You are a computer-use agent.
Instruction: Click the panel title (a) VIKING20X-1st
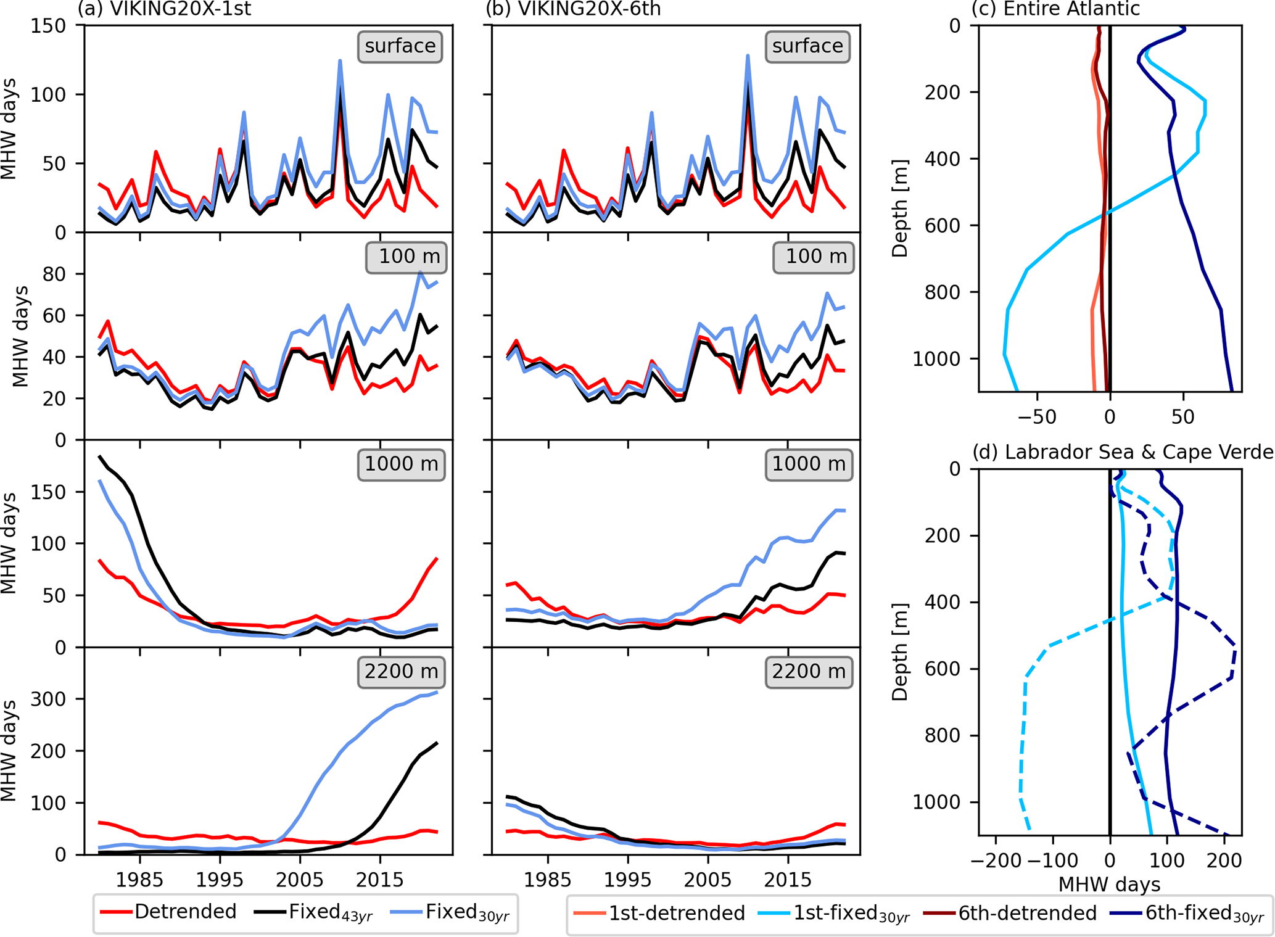click(163, 9)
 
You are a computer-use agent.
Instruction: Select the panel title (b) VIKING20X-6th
click(573, 9)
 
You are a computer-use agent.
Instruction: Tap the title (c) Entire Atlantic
click(1055, 9)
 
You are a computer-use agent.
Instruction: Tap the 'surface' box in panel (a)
click(400, 46)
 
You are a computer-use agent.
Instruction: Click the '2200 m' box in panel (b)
click(809, 671)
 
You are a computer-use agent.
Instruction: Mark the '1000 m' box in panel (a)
click(401, 464)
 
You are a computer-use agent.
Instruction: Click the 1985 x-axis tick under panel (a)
click(140, 879)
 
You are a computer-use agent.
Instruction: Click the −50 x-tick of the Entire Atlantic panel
click(1037, 417)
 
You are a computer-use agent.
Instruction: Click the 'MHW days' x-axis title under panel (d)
click(1109, 885)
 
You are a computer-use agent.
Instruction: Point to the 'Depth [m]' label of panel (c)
click(900, 208)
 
